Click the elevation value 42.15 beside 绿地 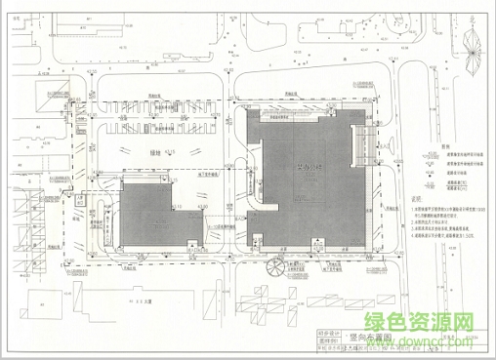coord(171,153)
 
